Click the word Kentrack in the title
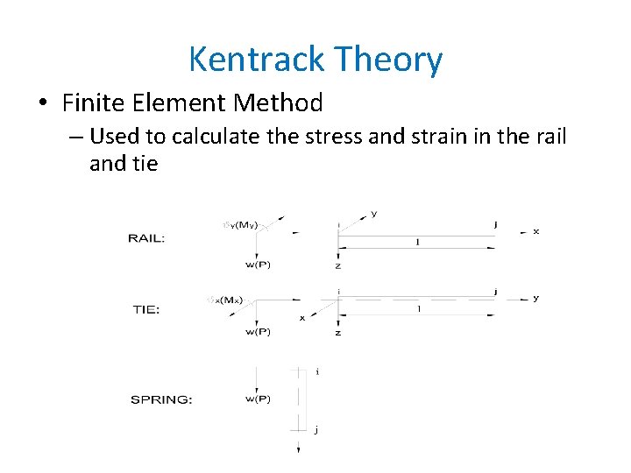tap(250, 60)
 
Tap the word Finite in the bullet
tap(96, 103)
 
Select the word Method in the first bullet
tap(278, 103)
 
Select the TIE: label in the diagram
tap(145, 308)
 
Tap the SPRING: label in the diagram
tap(161, 399)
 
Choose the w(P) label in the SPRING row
tap(258, 399)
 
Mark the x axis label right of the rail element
tap(536, 231)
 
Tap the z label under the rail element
tap(337, 265)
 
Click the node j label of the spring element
tap(315, 429)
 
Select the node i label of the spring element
tap(316, 371)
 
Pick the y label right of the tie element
tap(536, 298)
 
